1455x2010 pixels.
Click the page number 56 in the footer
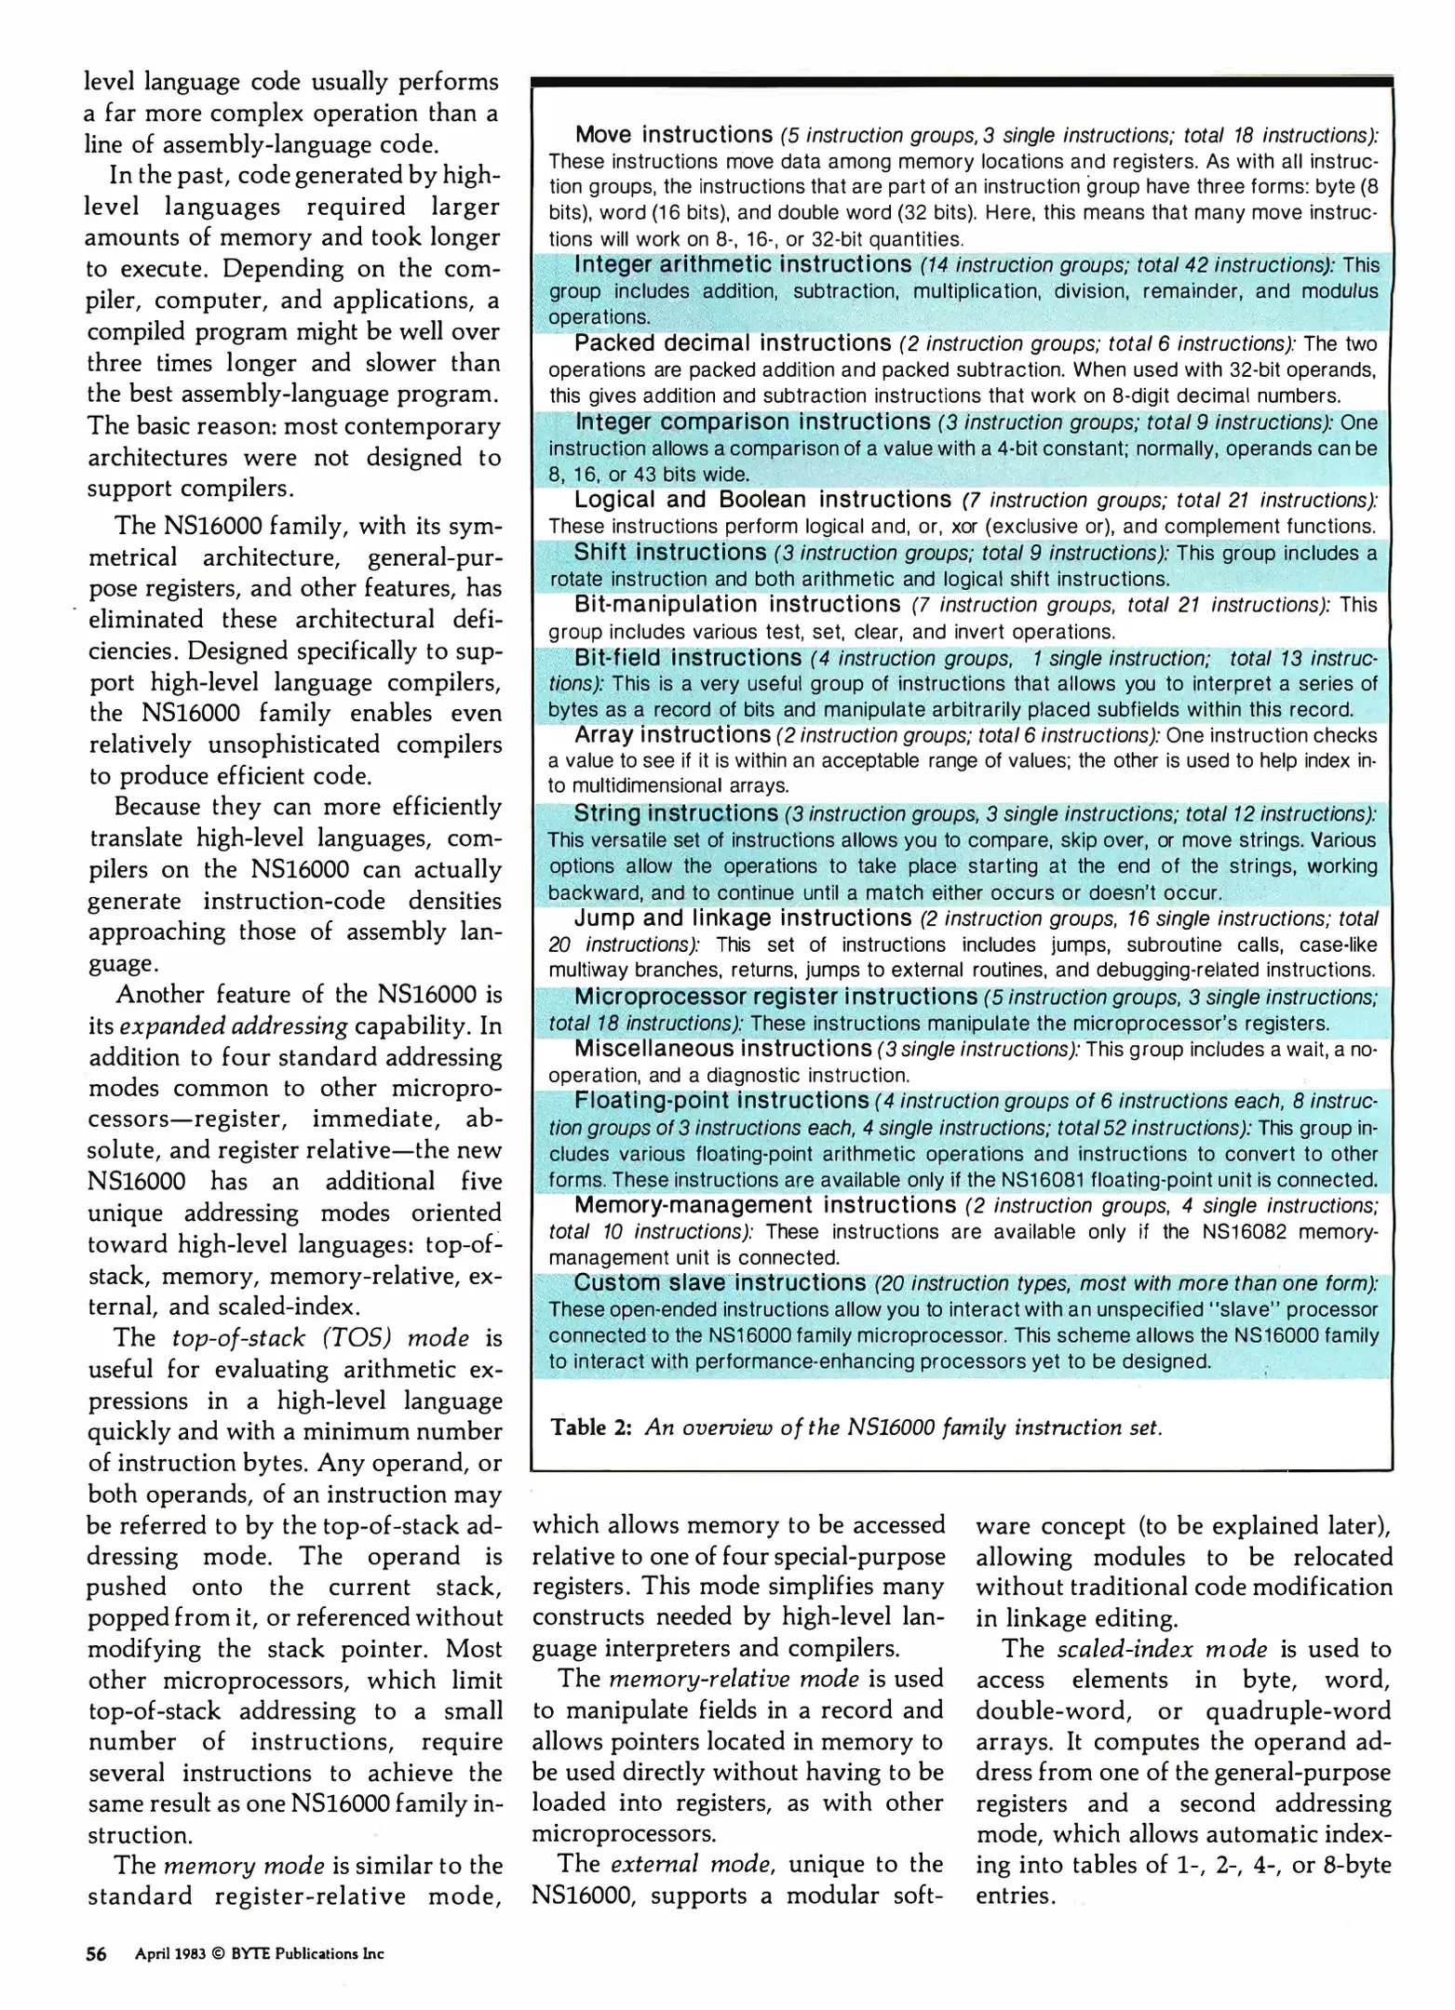click(x=96, y=1953)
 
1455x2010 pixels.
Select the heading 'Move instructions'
click(x=673, y=135)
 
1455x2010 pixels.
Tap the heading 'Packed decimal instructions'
click(x=733, y=343)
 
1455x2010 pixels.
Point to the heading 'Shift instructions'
click(x=669, y=553)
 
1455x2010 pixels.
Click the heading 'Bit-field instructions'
click(x=687, y=658)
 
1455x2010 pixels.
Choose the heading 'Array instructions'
click(x=672, y=735)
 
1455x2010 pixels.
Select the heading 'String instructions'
click(x=676, y=813)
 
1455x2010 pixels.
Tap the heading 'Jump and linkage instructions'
click(x=742, y=918)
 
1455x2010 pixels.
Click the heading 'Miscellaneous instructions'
click(x=722, y=1049)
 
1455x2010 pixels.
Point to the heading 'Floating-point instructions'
click(x=721, y=1101)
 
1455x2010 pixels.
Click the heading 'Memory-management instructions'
click(x=764, y=1205)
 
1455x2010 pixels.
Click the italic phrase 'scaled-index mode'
click(x=1162, y=1649)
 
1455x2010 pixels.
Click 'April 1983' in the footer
click(x=169, y=1954)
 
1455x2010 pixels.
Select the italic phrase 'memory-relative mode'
click(x=734, y=1679)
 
